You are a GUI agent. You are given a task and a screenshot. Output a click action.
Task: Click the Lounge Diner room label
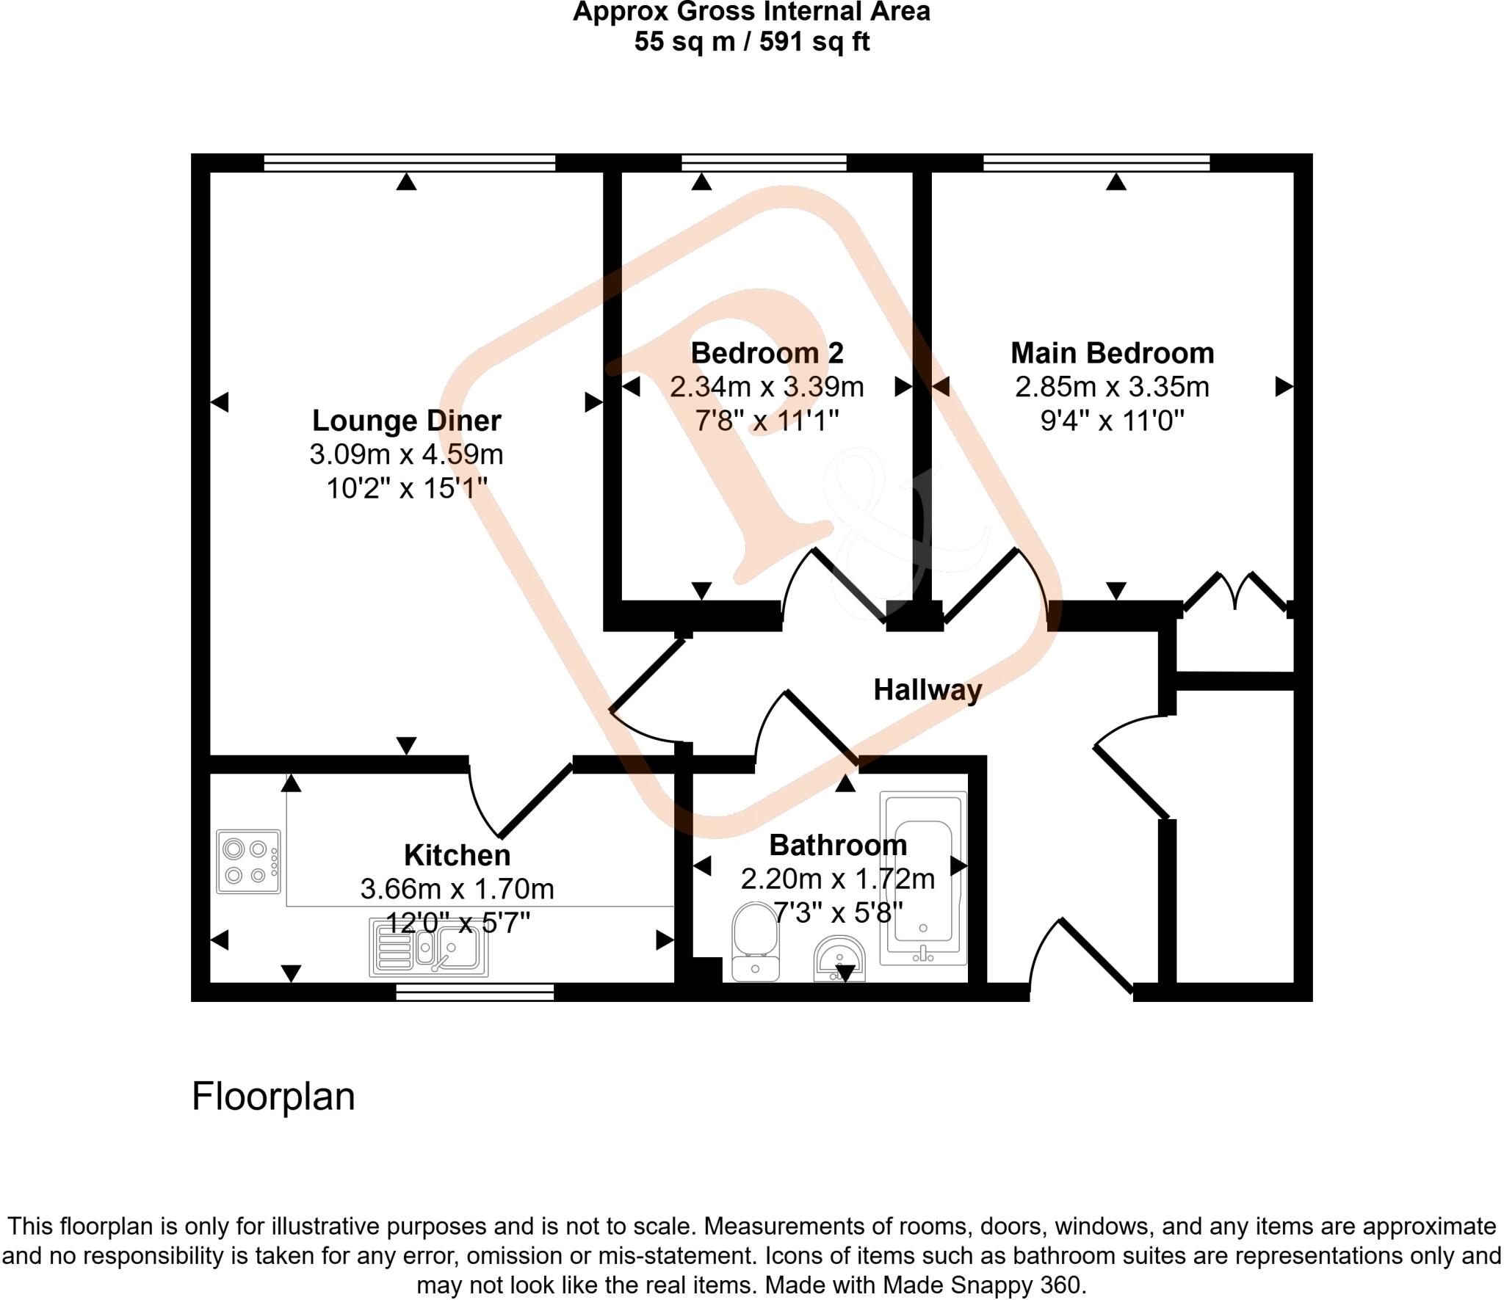coord(406,421)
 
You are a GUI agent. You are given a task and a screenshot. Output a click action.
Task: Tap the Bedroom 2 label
coord(767,353)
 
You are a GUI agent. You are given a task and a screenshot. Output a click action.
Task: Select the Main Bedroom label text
coord(1112,353)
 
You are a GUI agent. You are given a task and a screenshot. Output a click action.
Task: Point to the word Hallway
coord(928,689)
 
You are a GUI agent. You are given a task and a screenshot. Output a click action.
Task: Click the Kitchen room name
coord(457,855)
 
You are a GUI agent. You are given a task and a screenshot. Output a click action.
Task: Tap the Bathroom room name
coord(838,845)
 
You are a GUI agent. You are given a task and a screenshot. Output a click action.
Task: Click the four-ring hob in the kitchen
coord(248,861)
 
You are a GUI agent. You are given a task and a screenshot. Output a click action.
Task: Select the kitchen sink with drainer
coord(429,949)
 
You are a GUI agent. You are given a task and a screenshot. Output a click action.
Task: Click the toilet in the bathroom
coord(755,941)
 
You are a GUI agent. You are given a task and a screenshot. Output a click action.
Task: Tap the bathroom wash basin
coord(840,959)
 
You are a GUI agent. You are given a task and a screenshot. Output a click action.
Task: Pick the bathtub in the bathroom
coord(923,878)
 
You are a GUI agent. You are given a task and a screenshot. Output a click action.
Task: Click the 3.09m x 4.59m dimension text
coord(406,454)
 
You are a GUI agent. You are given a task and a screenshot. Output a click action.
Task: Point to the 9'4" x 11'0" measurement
coord(1112,421)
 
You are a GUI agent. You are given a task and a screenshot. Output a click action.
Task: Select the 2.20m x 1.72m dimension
coord(838,879)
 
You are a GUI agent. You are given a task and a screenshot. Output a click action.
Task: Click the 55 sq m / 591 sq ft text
coord(751,41)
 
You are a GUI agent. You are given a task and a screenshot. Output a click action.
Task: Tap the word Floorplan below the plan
coord(273,1097)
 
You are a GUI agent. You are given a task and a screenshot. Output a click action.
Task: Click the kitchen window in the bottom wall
coord(474,992)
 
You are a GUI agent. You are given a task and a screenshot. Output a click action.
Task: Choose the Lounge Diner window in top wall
coord(409,162)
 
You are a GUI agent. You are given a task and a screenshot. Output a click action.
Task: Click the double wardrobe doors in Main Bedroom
coord(1236,591)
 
